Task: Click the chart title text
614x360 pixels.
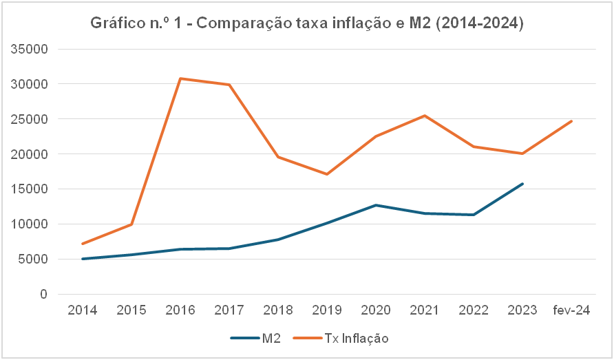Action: [x=307, y=24]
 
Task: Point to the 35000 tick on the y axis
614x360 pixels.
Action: [x=33, y=50]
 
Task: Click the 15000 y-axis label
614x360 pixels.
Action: [x=33, y=189]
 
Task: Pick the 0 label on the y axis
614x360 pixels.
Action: [x=43, y=295]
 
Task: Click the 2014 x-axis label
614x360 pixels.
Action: [x=82, y=310]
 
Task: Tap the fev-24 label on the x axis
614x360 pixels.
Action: [x=571, y=310]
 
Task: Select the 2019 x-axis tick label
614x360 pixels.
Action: [x=327, y=310]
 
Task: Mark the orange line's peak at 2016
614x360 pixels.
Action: [x=180, y=78]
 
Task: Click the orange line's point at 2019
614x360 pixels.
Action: [x=327, y=174]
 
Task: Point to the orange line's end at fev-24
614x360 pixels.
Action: [x=571, y=121]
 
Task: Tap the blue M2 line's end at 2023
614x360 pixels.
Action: [x=522, y=184]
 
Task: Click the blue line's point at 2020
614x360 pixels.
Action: [x=376, y=205]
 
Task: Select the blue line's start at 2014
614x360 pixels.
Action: [x=83, y=259]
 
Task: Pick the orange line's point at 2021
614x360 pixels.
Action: [x=425, y=116]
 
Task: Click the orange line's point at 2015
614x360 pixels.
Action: [x=131, y=224]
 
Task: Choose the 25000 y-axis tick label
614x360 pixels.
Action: [x=33, y=119]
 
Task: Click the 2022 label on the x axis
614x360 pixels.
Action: [x=474, y=310]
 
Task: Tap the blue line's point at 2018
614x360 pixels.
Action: [x=278, y=240]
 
